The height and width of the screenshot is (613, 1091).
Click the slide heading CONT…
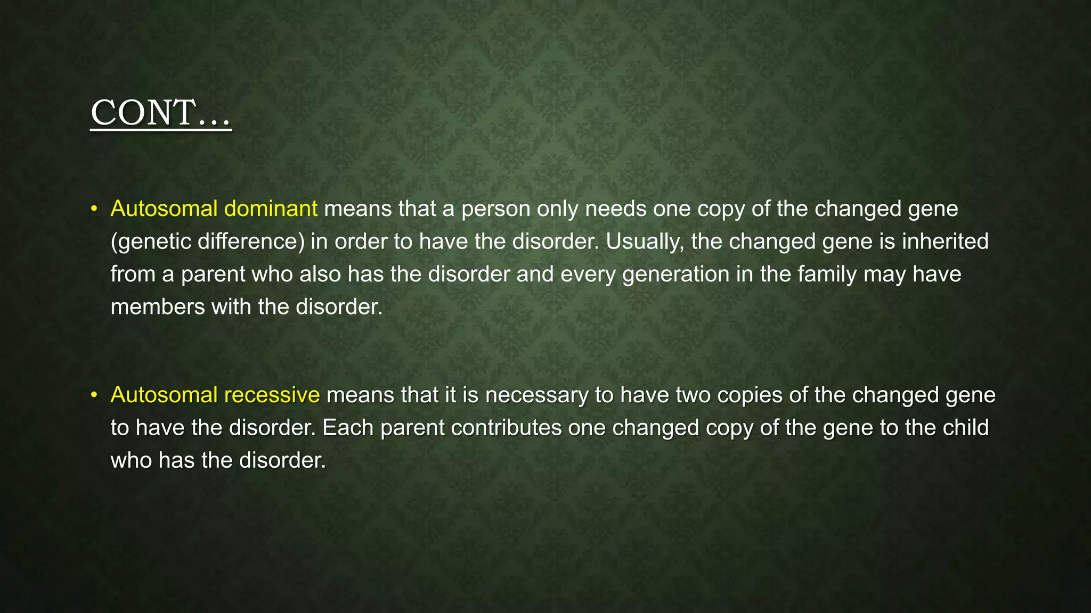161,113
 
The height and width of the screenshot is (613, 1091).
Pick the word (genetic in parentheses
151,242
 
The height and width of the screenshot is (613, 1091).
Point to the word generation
675,275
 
